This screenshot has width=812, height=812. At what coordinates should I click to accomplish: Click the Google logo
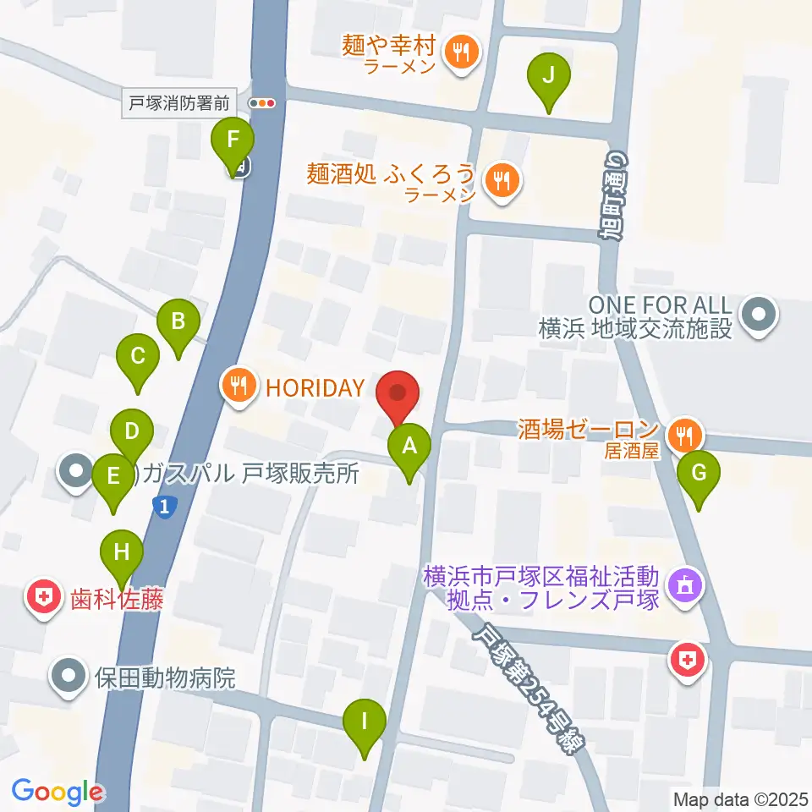click(57, 793)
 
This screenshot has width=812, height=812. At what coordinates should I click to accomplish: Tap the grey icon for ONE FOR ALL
click(755, 317)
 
